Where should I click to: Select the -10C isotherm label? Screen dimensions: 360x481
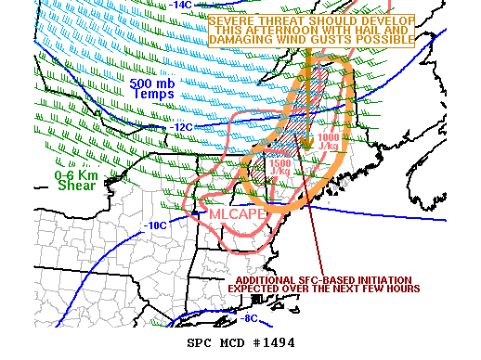(154, 225)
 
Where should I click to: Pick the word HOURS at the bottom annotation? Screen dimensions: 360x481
(401, 289)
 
